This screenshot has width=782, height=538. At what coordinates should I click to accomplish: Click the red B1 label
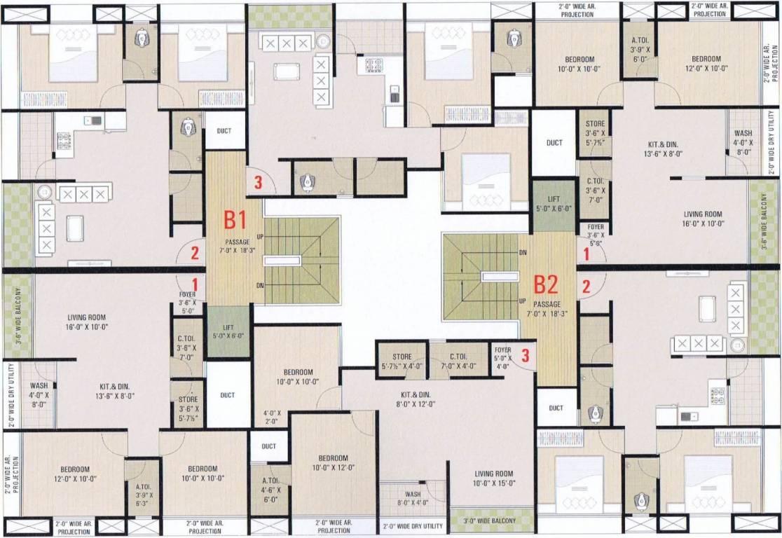click(235, 220)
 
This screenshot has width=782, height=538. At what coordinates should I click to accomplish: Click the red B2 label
click(545, 284)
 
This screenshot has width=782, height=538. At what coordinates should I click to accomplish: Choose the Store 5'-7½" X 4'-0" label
click(402, 361)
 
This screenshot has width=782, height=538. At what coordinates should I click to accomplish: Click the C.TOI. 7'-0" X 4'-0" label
click(458, 361)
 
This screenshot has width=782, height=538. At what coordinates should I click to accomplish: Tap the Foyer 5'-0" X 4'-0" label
click(502, 357)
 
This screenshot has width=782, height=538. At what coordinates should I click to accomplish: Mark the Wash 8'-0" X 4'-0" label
click(413, 497)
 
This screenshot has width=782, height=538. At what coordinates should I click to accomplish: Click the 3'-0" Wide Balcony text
click(489, 521)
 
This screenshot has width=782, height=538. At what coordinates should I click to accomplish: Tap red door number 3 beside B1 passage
click(258, 184)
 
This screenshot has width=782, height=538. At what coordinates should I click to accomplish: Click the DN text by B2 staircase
click(522, 252)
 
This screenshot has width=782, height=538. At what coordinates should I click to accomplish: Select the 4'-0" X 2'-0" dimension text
click(272, 417)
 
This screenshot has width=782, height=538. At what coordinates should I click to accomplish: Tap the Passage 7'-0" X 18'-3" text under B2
click(547, 309)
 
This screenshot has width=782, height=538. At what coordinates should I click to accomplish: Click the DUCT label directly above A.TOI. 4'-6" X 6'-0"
click(268, 446)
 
